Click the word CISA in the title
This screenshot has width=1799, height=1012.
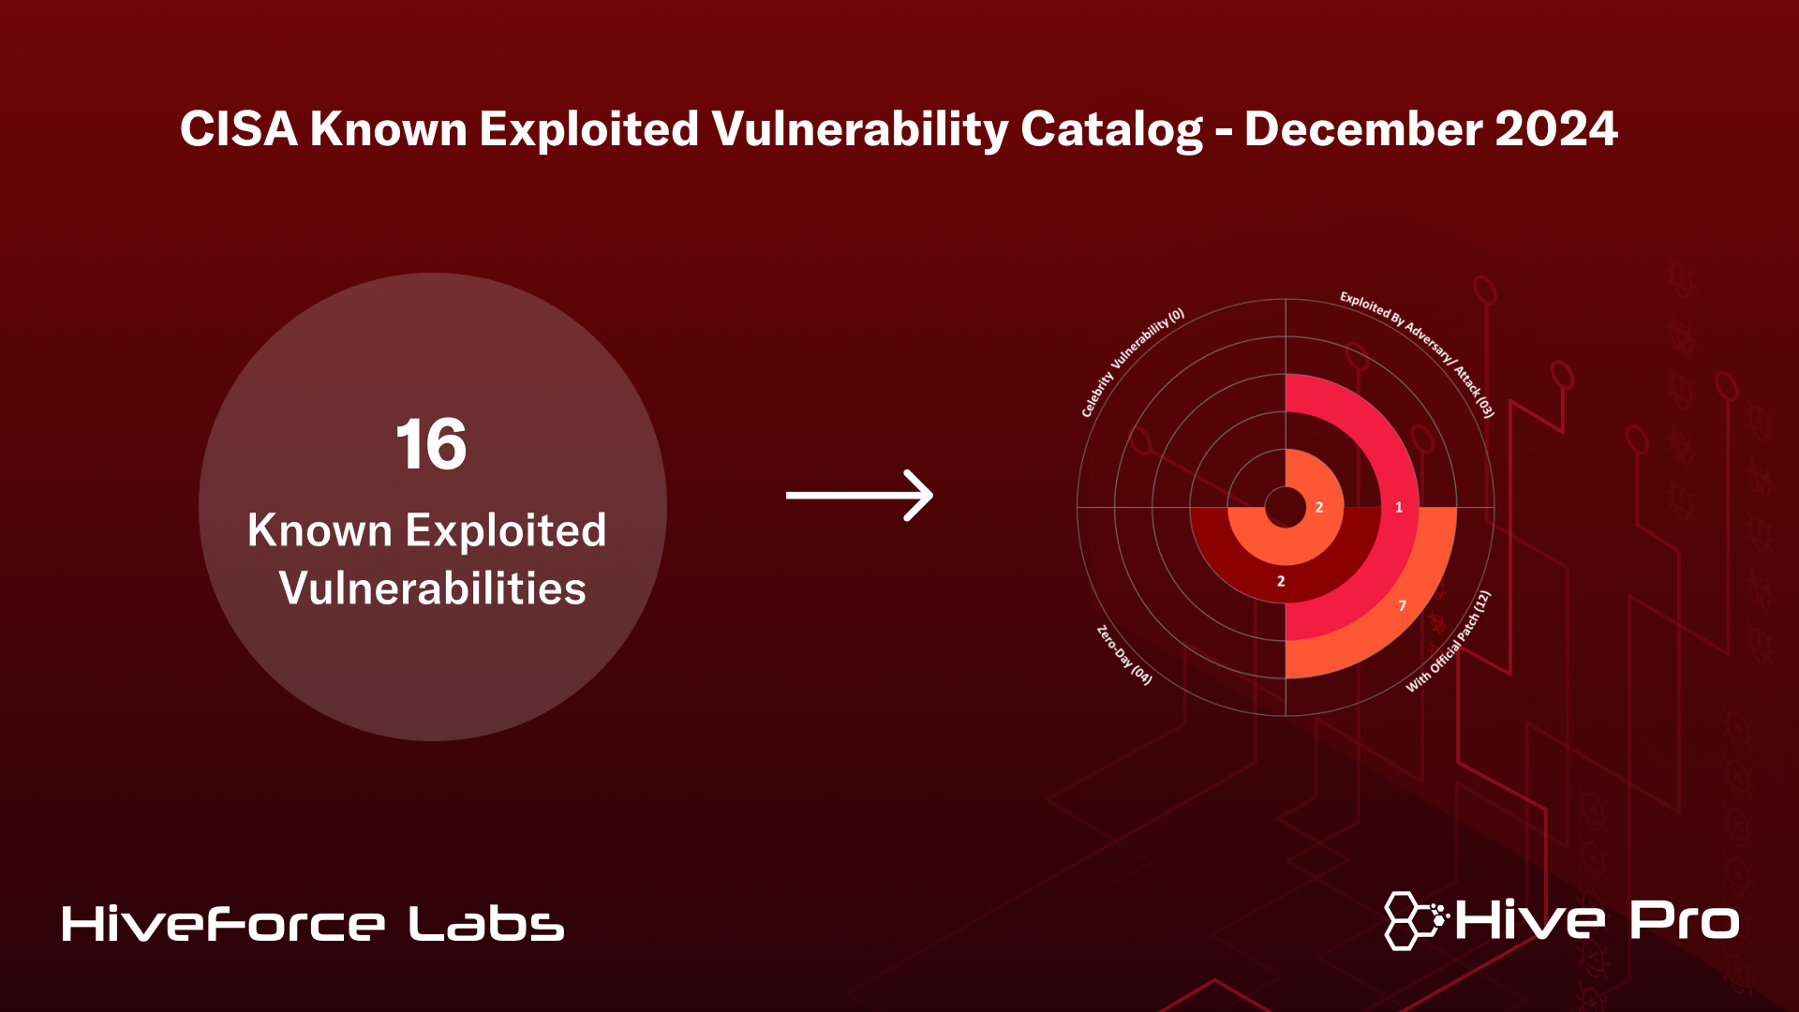click(238, 129)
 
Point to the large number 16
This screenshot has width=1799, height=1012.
click(431, 444)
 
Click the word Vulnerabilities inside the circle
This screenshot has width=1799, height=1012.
click(432, 588)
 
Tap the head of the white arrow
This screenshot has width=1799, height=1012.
click(920, 495)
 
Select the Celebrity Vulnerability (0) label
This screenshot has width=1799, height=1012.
click(1132, 361)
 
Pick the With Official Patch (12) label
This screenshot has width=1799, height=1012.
click(1449, 642)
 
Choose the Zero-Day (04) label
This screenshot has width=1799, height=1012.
click(1124, 655)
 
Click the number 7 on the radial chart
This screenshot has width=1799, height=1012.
click(1402, 606)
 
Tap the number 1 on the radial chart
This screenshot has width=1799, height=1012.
click(1399, 508)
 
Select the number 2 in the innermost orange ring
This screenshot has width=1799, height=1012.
click(1319, 508)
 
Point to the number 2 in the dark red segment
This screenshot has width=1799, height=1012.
click(1281, 582)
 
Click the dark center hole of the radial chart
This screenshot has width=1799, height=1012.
click(1286, 508)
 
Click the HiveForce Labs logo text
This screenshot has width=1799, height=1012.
click(313, 924)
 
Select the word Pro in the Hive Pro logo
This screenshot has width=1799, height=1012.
click(1684, 920)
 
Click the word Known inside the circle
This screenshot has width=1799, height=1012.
click(320, 530)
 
